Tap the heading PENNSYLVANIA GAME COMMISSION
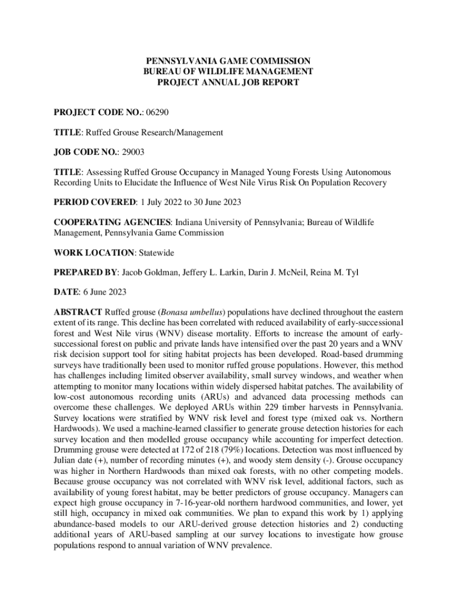(228, 61)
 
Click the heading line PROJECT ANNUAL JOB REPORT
(228, 82)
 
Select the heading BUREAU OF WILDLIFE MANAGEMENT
(228, 72)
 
